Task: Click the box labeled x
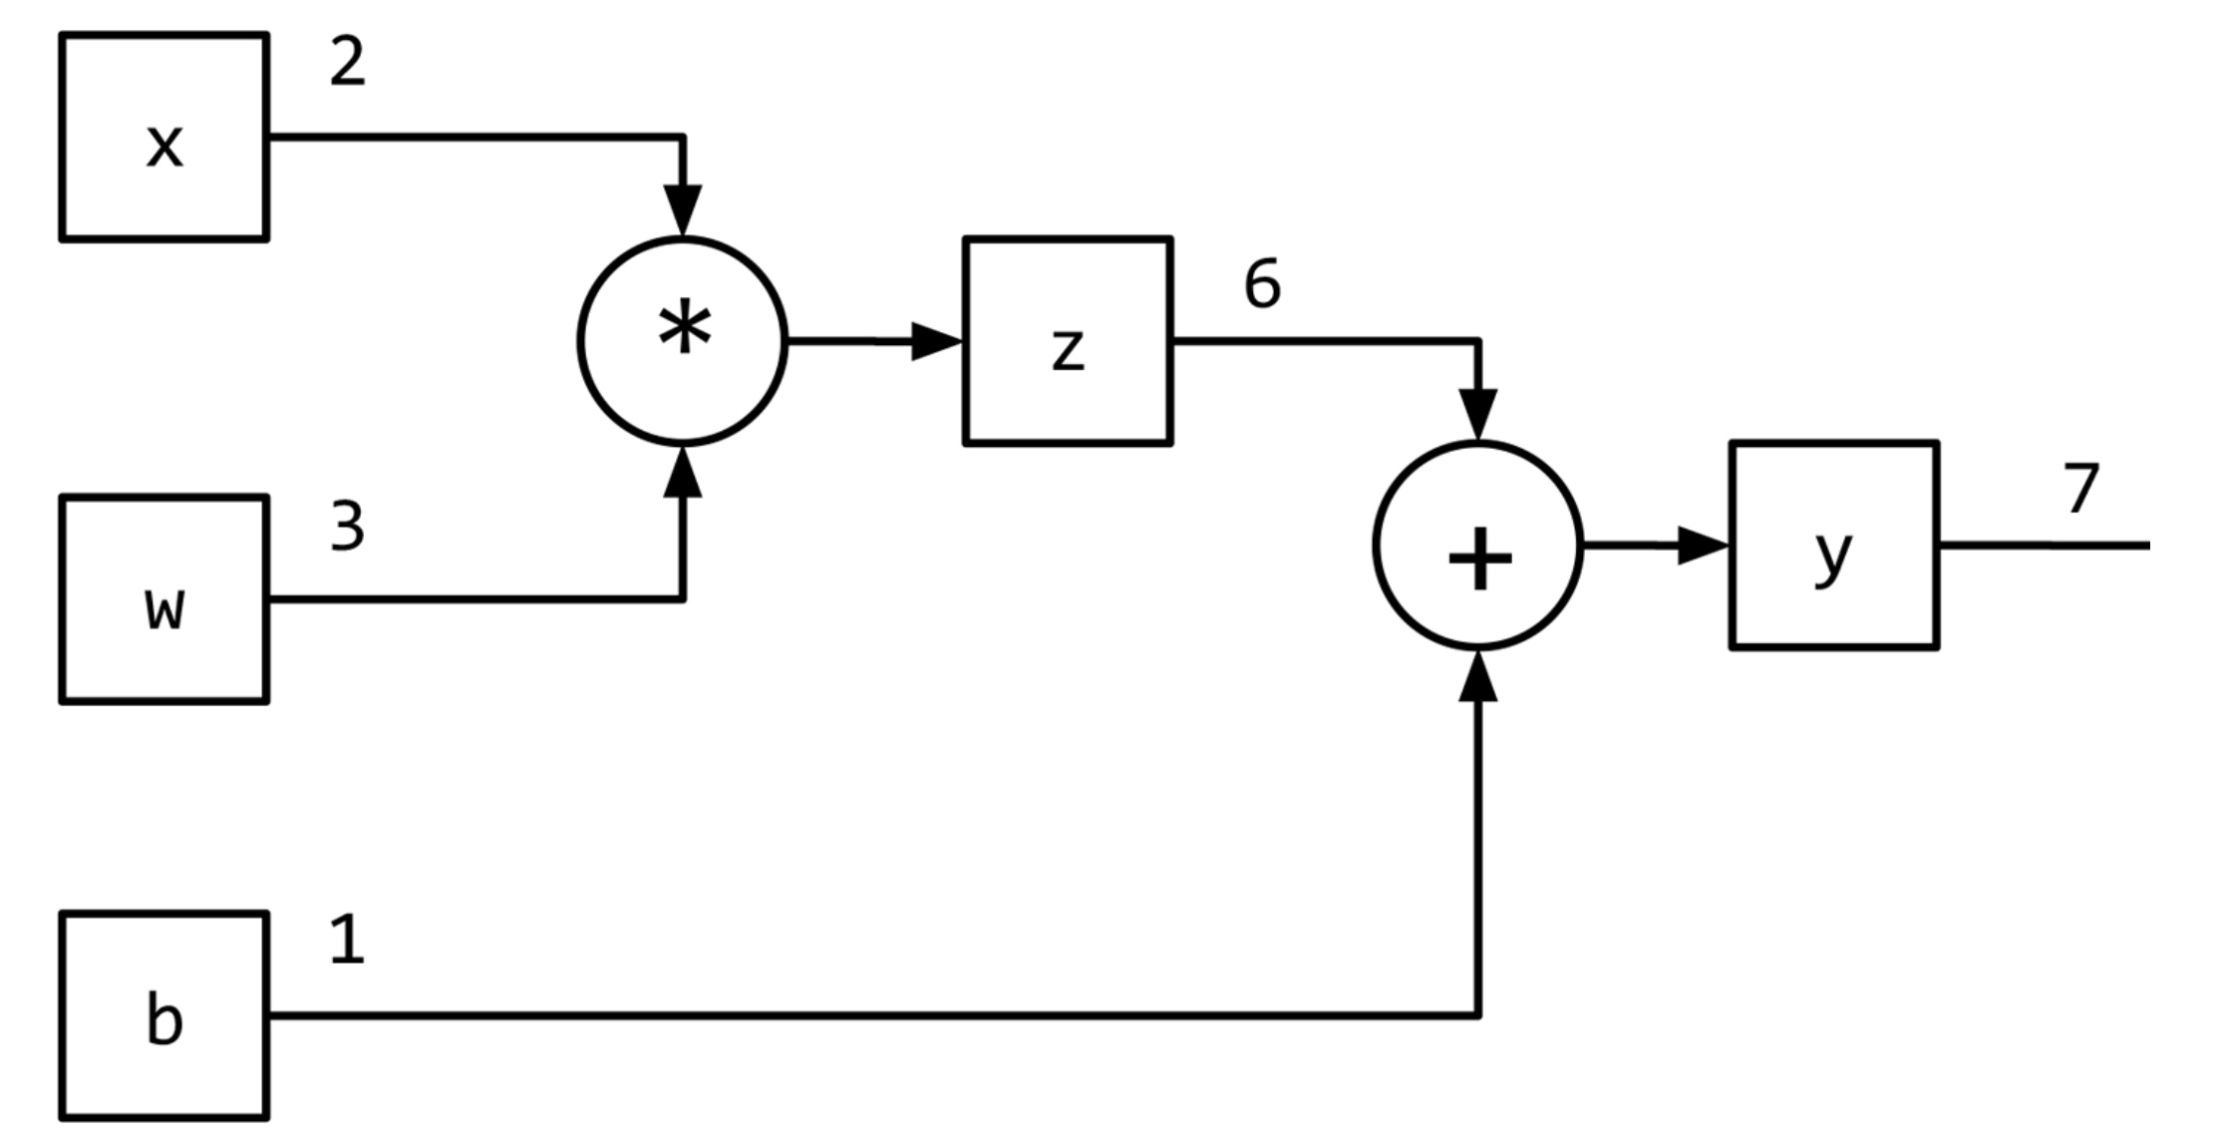point(164,137)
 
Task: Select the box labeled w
point(164,599)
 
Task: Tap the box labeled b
point(164,1015)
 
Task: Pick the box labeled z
point(1068,341)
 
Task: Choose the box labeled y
point(1834,546)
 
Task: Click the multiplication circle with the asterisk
point(683,341)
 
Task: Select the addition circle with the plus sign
point(1478,546)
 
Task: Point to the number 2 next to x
point(347,63)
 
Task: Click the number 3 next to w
point(347,527)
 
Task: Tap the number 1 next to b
point(347,940)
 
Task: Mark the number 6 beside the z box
point(1262,284)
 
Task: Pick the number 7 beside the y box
point(2081,489)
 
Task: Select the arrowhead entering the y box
point(1703,546)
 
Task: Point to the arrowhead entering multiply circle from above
point(683,209)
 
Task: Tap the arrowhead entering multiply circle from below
point(683,472)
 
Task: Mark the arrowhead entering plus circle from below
point(1478,676)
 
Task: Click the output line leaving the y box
point(2044,546)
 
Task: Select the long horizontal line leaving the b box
point(867,1015)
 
